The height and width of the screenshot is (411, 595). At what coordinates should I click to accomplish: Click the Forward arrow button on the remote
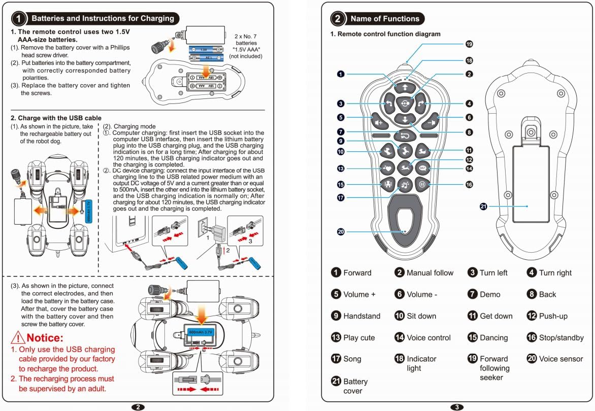click(405, 87)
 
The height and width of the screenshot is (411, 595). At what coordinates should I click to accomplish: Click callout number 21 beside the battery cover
click(483, 207)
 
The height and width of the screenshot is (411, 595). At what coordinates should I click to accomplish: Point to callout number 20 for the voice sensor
click(341, 231)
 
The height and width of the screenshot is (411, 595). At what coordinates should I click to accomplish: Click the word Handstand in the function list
click(361, 316)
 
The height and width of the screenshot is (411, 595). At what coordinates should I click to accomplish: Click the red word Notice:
click(45, 338)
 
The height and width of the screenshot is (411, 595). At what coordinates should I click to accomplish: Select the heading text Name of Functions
click(385, 19)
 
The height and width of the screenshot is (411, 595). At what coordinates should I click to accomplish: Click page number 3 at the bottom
click(456, 407)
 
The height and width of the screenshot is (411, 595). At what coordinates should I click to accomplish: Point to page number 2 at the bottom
click(138, 407)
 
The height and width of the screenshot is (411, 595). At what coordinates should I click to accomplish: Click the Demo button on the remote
click(405, 135)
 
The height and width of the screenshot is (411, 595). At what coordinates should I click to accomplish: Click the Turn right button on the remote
click(421, 105)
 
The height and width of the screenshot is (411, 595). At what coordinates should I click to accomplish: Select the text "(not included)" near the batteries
click(245, 56)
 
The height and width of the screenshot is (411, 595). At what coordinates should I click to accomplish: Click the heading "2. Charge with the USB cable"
click(56, 118)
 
